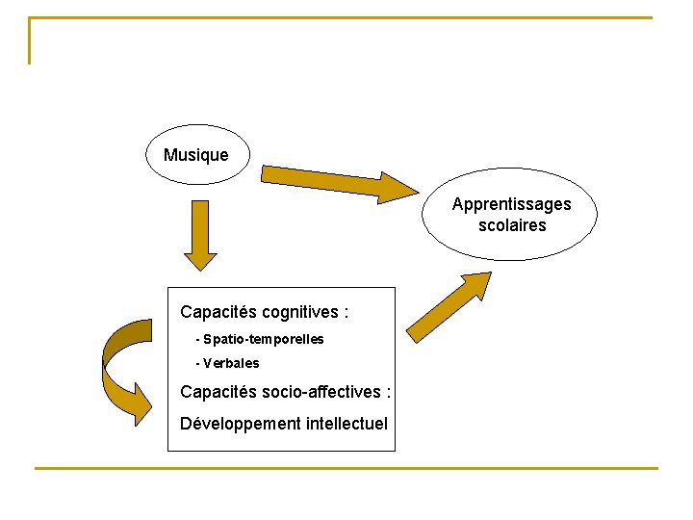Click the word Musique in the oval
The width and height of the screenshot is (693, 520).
pyautogui.click(x=196, y=155)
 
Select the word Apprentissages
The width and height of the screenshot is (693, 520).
pyautogui.click(x=511, y=204)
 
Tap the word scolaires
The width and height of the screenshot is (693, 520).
pyautogui.click(x=511, y=225)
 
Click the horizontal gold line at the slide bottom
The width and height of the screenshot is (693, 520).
pyautogui.click(x=346, y=469)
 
